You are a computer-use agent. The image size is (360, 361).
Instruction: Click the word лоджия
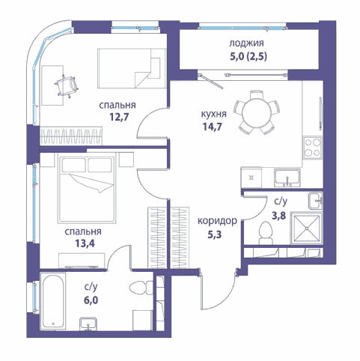click(246, 43)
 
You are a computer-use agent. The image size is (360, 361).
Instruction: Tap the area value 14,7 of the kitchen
click(212, 127)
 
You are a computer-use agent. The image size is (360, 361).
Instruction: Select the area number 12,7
click(119, 117)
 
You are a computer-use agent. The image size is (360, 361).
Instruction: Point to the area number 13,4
click(85, 243)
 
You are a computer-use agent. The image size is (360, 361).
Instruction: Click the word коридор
click(217, 221)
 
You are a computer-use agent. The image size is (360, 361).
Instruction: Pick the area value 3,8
click(278, 215)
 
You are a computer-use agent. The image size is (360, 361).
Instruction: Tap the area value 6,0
click(91, 300)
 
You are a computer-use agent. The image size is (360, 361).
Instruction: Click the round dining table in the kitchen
click(257, 112)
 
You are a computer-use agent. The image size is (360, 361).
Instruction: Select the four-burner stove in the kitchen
click(313, 148)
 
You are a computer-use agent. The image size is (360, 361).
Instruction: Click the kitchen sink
click(287, 178)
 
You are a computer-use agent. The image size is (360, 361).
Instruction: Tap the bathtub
click(54, 301)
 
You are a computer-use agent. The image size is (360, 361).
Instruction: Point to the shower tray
click(307, 228)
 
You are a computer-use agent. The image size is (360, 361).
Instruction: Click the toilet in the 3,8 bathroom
click(266, 233)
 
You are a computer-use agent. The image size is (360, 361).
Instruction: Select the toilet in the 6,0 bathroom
click(141, 287)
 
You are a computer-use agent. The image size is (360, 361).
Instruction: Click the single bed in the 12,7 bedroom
click(132, 68)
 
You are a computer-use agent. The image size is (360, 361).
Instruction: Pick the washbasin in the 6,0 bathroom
click(88, 324)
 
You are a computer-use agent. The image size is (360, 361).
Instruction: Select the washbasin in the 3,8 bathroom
click(316, 201)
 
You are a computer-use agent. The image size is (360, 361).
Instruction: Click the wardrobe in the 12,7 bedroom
click(71, 136)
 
